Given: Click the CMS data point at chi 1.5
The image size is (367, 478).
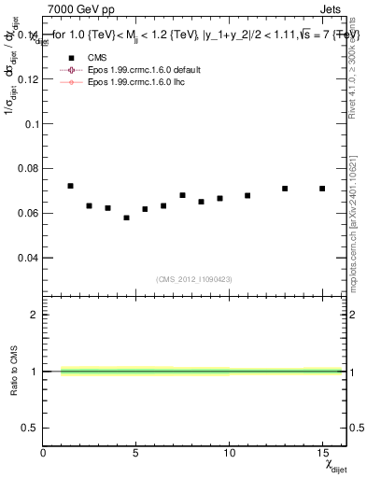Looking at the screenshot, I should [x=71, y=186].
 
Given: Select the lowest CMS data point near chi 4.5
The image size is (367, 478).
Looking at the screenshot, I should [x=127, y=218].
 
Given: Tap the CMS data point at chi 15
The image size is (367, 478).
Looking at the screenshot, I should [x=322, y=189].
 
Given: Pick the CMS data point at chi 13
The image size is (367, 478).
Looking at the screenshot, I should [x=285, y=189].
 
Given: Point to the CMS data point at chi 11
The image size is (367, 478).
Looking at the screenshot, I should [x=247, y=195].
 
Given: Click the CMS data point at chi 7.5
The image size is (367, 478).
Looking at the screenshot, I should [x=182, y=195].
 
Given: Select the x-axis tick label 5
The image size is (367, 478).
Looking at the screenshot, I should [x=136, y=455].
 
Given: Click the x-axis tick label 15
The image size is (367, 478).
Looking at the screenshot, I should [x=322, y=455].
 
